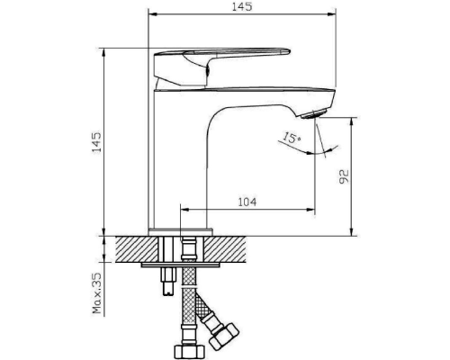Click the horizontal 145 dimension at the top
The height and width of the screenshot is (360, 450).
tap(242, 6)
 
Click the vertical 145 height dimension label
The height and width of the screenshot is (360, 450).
tap(96, 142)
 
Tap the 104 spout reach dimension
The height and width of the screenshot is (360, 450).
tap(247, 202)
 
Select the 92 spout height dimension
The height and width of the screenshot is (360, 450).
tap(344, 176)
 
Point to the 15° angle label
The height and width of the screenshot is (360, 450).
tap(292, 138)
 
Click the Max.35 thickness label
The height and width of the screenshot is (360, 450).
tap(97, 293)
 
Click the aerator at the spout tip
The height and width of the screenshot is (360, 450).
tap(313, 114)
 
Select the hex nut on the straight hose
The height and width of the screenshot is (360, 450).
tap(189, 350)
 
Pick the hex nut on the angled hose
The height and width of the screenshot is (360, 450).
tap(224, 336)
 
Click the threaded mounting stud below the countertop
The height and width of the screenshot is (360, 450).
tap(168, 281)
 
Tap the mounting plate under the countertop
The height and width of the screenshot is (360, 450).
tap(180, 265)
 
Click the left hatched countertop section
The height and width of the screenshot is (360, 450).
tap(137, 249)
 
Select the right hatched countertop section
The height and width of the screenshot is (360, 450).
tap(225, 249)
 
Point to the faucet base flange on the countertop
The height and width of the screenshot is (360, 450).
tap(180, 231)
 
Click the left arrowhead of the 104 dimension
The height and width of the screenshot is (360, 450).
tap(184, 209)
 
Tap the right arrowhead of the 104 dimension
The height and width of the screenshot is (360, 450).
tap(310, 209)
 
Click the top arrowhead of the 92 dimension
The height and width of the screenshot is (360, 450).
tap(352, 122)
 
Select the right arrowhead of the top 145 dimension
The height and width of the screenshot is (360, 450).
tap(331, 13)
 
